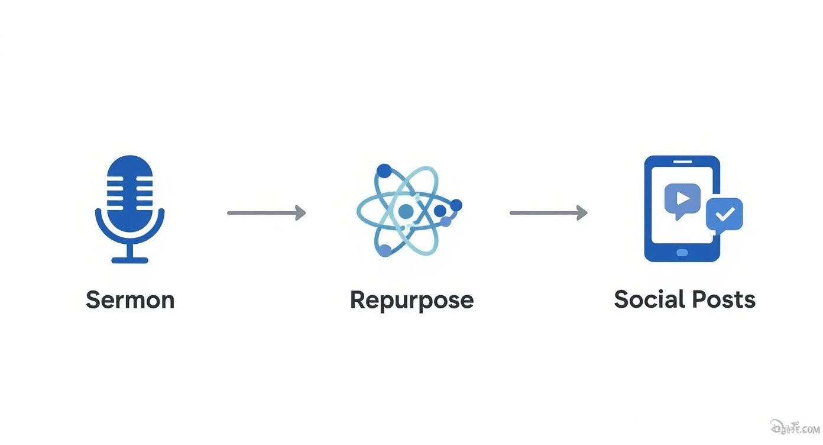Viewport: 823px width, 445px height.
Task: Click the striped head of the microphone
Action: point(129,189)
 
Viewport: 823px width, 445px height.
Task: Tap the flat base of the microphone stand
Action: point(129,259)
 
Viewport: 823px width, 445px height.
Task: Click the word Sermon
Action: point(130,300)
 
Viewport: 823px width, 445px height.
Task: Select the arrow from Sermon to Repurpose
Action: point(266,212)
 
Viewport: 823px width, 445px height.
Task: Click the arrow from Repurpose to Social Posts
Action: point(548,212)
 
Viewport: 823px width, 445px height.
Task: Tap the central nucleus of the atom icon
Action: point(406,211)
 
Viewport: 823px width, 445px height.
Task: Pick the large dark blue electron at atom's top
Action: point(384,171)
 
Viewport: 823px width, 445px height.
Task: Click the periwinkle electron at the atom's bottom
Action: point(385,250)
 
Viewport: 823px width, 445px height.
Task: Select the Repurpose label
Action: point(411,301)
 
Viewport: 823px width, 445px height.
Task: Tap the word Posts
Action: point(724,299)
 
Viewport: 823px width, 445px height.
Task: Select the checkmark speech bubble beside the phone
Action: point(724,214)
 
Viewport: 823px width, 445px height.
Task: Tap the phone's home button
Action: point(682,253)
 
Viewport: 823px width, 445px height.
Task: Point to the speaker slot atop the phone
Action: point(682,162)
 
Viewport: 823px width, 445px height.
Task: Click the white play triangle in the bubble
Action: point(683,198)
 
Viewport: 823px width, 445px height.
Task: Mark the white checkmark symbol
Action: point(724,214)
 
